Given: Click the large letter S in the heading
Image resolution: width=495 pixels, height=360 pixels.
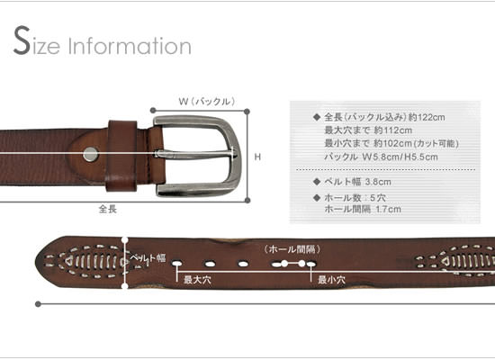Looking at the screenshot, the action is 22,40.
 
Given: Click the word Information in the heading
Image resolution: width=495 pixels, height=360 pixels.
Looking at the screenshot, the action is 130,46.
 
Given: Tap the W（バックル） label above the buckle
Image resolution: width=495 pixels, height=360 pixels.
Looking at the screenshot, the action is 207,102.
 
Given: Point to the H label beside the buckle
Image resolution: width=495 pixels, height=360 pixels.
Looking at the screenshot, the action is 257,157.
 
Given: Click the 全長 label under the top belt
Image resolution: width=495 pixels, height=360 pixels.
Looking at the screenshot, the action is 108,209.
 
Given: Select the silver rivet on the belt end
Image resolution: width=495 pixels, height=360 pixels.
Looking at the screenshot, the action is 91,155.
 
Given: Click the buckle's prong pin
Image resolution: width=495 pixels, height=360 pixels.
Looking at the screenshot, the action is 195,154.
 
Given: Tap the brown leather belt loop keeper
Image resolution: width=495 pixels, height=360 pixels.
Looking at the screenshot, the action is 122,156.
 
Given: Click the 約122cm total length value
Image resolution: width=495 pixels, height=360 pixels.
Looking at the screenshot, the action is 427,118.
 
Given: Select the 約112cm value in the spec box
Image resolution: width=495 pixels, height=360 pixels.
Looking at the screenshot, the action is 393,130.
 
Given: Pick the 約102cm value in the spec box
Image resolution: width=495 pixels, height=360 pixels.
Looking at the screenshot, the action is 393,144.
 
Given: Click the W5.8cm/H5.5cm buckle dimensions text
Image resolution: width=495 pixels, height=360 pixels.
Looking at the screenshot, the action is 400,157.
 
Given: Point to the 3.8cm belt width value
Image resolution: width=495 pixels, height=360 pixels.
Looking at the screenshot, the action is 378,182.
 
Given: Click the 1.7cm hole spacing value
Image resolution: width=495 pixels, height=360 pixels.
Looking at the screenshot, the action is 388,209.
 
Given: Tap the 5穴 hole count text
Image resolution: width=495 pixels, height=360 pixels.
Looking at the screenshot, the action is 378,198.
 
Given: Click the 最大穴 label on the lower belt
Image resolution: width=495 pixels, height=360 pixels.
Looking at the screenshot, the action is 197,280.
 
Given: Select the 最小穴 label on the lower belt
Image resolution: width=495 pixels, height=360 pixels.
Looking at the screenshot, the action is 331,280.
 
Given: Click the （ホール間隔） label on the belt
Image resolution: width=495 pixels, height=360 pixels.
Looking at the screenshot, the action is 292,249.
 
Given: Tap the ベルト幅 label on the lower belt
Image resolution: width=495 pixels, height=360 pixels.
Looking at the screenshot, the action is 148,259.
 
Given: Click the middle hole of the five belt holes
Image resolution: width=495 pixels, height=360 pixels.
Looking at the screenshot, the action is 243,264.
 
